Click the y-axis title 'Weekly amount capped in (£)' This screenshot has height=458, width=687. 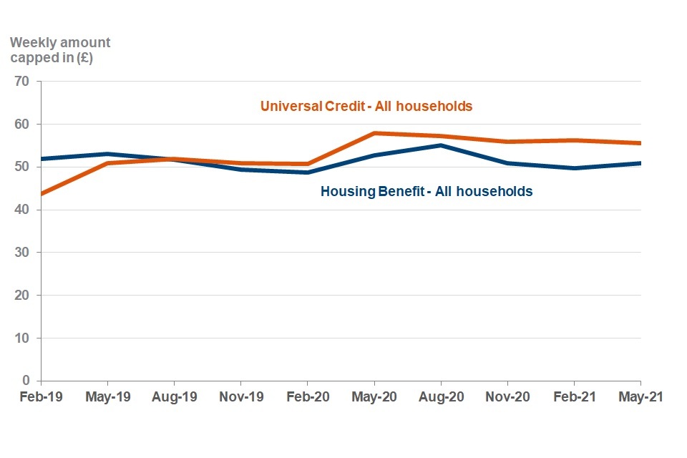60,51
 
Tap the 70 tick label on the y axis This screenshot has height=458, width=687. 22,82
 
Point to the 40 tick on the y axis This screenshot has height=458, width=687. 22,210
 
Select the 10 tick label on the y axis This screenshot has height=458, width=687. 22,338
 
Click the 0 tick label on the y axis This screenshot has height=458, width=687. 26,381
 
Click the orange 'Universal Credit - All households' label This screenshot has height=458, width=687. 366,106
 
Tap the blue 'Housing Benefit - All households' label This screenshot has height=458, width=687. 427,192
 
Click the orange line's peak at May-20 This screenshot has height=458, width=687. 374,133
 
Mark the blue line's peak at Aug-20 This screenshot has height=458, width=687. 441,145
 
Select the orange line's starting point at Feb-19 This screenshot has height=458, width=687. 42,194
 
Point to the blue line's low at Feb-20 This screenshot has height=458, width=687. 308,172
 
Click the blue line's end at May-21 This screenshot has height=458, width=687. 640,163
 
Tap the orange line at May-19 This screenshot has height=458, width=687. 108,163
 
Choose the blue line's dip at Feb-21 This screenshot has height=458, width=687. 574,168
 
